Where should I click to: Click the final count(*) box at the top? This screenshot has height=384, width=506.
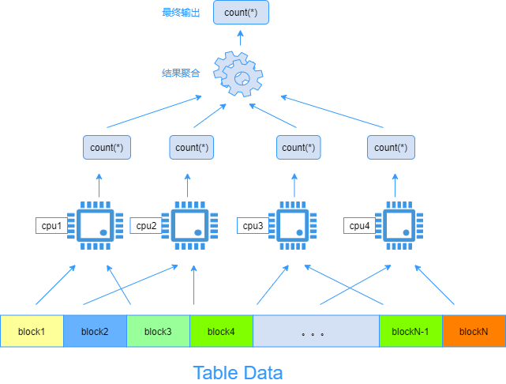coord(241,13)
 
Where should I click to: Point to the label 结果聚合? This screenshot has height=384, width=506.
coord(181,73)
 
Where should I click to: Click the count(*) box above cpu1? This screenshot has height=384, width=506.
coord(107,148)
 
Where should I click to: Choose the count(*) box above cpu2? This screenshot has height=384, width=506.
coord(193,148)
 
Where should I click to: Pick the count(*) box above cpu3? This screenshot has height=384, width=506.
coord(299,148)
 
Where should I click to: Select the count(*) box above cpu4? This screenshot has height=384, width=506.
coord(391,148)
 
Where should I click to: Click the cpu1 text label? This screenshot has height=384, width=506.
coord(52,226)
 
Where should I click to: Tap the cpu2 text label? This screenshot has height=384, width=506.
coord(146,226)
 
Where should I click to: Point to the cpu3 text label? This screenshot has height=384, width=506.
coord(253,226)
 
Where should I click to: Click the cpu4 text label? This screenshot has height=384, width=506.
coord(359,226)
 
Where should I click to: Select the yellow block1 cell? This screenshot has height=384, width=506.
coord(32,331)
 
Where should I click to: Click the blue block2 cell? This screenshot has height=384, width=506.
coord(95,331)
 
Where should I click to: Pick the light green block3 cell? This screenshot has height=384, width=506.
coord(158,331)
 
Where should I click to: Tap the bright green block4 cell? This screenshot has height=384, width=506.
coord(221,331)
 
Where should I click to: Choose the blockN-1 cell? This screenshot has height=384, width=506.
coord(410,331)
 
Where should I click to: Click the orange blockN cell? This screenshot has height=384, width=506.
coord(474,331)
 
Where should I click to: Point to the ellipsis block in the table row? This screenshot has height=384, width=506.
coord(316,331)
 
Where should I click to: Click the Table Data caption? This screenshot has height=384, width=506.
coord(238,371)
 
